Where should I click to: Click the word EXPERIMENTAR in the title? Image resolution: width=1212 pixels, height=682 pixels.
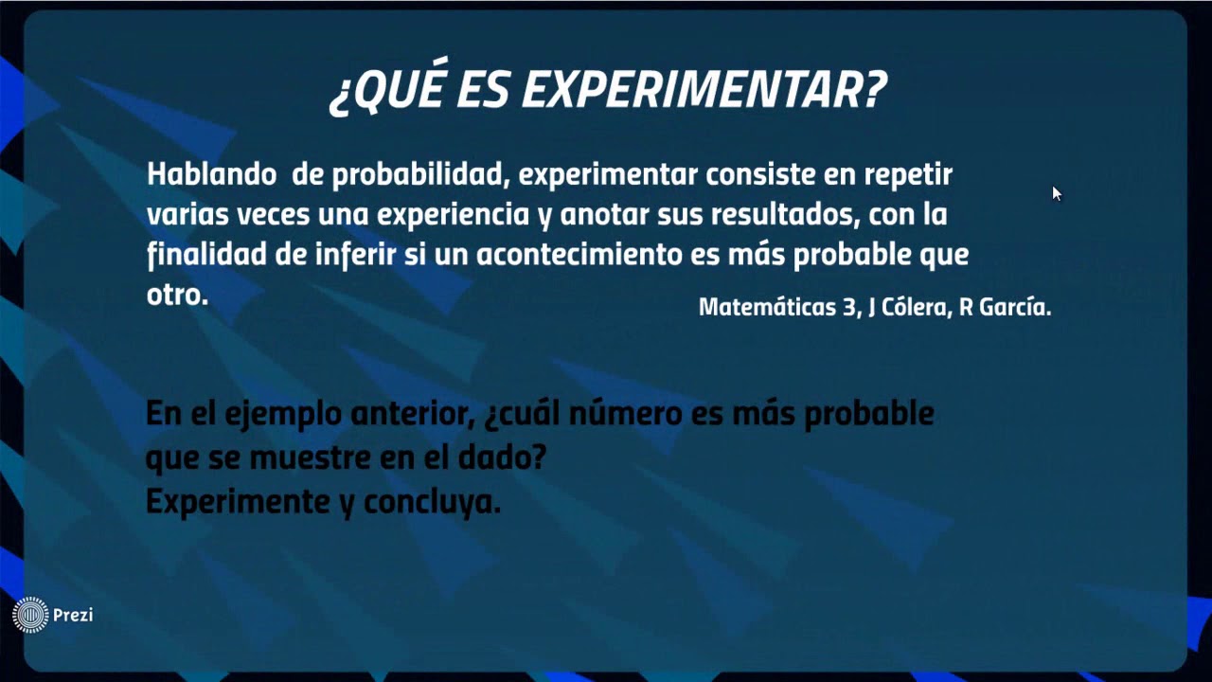[704, 91]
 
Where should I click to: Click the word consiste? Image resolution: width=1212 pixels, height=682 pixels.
[764, 175]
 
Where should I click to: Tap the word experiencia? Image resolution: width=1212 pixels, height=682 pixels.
[453, 215]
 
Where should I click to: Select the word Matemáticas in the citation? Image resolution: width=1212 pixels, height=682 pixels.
[767, 307]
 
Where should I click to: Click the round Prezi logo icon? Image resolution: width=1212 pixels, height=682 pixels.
[30, 615]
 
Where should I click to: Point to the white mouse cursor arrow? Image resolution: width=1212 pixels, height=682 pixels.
[1056, 192]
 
